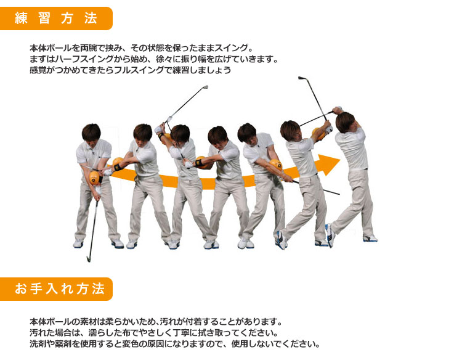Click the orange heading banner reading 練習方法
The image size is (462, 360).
tap(56, 18)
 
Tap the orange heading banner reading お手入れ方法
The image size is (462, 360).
tap(56, 289)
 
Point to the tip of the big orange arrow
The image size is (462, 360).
tap(339, 160)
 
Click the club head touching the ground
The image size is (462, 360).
tap(88, 258)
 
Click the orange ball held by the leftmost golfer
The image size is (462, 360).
tap(94, 178)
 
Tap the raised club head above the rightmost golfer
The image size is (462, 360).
tap(302, 78)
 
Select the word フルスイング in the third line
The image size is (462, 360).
tap(138, 70)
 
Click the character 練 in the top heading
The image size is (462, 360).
tap(21, 18)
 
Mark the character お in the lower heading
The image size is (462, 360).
tap(21, 289)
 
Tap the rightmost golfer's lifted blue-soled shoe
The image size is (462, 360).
tap(330, 235)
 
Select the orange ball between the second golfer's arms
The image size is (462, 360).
tap(117, 163)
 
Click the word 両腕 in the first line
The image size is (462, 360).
tap(88, 47)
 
